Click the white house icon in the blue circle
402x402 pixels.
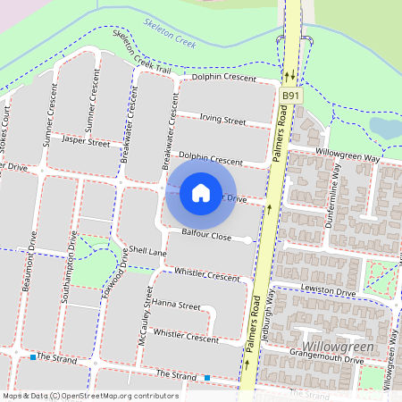click(201, 192)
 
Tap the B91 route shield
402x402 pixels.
click(289, 95)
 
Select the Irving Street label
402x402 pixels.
click(222, 120)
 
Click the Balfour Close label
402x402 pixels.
click(206, 236)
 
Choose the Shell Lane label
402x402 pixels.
click(147, 252)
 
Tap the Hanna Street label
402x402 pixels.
click(176, 305)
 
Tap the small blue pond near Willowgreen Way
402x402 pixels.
click(386, 127)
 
